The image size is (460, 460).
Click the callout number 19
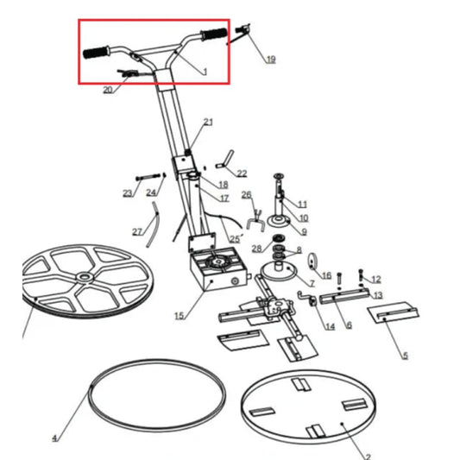click(x=270, y=60)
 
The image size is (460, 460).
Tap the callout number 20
click(x=108, y=89)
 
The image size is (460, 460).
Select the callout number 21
click(x=208, y=122)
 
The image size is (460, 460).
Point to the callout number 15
click(x=179, y=317)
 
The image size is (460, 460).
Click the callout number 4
click(x=54, y=438)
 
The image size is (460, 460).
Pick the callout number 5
click(x=405, y=355)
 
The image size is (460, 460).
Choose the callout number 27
click(x=136, y=232)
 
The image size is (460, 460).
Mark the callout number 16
click(x=326, y=275)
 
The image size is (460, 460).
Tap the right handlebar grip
click(x=211, y=35)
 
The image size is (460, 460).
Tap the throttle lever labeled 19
click(x=242, y=32)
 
